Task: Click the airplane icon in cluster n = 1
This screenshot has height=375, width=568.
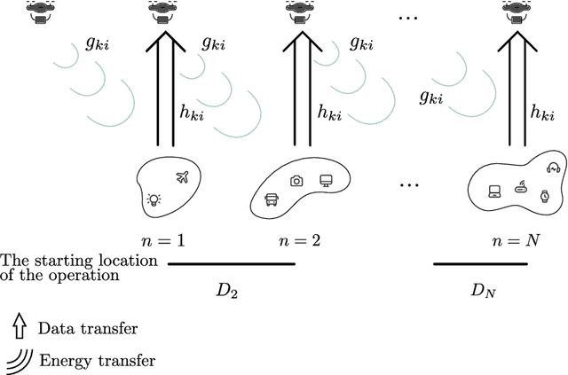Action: [x=183, y=177]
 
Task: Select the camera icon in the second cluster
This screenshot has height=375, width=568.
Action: [x=296, y=181]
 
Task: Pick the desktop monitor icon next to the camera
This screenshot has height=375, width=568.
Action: [x=326, y=181]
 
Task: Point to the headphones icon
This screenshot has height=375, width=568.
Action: [x=553, y=168]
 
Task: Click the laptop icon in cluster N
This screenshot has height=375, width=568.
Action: [x=493, y=190]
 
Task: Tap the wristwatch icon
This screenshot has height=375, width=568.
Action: [x=545, y=197]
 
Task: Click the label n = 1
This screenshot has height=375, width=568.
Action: [x=165, y=240]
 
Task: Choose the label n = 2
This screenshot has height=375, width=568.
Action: [x=294, y=240]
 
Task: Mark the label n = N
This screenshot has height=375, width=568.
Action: [x=516, y=240]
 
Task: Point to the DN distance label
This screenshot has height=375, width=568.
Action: [x=485, y=290]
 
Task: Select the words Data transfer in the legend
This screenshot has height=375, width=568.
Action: [x=87, y=329]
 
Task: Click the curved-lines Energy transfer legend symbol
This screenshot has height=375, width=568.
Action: [x=20, y=359]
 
